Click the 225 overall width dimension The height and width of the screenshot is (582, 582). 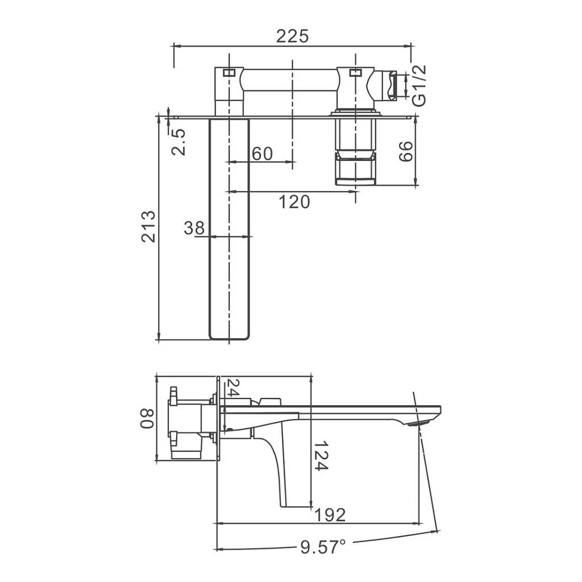click(x=293, y=36)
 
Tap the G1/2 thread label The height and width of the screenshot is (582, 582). click(x=419, y=85)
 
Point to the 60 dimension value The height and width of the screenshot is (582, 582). click(x=261, y=153)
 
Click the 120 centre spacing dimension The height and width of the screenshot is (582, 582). click(x=294, y=201)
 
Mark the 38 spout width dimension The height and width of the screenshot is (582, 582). click(x=194, y=228)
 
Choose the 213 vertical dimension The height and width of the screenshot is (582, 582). click(x=148, y=226)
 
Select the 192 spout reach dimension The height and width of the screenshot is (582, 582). click(x=330, y=515)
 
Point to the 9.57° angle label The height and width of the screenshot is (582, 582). click(x=323, y=547)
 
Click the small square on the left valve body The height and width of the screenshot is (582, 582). click(x=228, y=73)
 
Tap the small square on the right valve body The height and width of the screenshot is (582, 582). click(x=355, y=72)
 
